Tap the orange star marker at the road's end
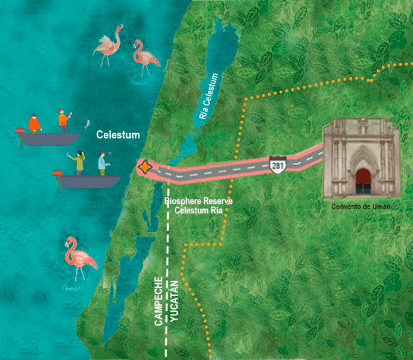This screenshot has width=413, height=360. coord(145,167)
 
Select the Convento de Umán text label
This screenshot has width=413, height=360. coord(361,206)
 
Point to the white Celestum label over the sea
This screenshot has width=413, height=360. coord(118,134)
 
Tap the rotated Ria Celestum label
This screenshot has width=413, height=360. coord(212,96)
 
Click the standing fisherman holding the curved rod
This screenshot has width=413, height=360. coord(64,121)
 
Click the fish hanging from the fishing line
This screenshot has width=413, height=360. coord(86,125)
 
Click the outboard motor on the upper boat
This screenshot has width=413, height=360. coord(21,131)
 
